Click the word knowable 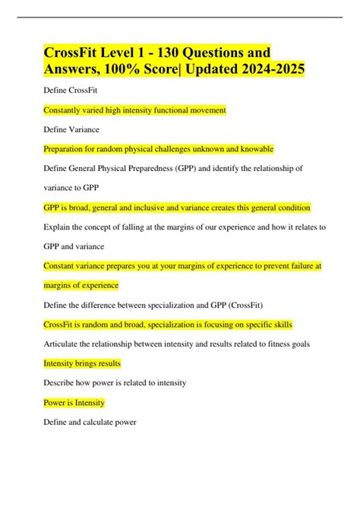coord(254,150)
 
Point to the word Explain coord(58,227)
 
